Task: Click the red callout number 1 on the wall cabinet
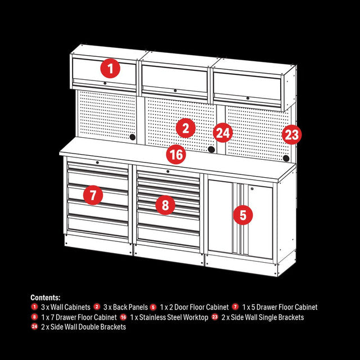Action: click(x=110, y=69)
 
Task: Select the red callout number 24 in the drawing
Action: click(x=223, y=133)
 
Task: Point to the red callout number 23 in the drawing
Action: click(x=291, y=134)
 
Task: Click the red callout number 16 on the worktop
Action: click(x=176, y=154)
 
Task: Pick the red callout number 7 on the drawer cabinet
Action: click(x=93, y=195)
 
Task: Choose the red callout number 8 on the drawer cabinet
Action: click(x=165, y=205)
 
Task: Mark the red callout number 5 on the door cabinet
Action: click(x=242, y=214)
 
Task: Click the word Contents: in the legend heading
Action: click(x=46, y=298)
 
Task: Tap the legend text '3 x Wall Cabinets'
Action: click(x=65, y=307)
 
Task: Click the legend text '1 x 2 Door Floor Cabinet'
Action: click(x=194, y=307)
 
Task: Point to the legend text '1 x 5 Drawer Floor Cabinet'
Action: click(x=280, y=307)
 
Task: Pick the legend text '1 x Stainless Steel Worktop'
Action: click(x=168, y=317)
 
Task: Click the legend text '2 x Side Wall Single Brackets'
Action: click(x=263, y=317)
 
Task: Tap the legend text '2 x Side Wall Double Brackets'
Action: click(x=83, y=327)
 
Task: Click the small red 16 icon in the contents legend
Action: click(x=123, y=317)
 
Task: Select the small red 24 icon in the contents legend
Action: click(x=35, y=327)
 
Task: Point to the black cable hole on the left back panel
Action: click(x=133, y=137)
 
